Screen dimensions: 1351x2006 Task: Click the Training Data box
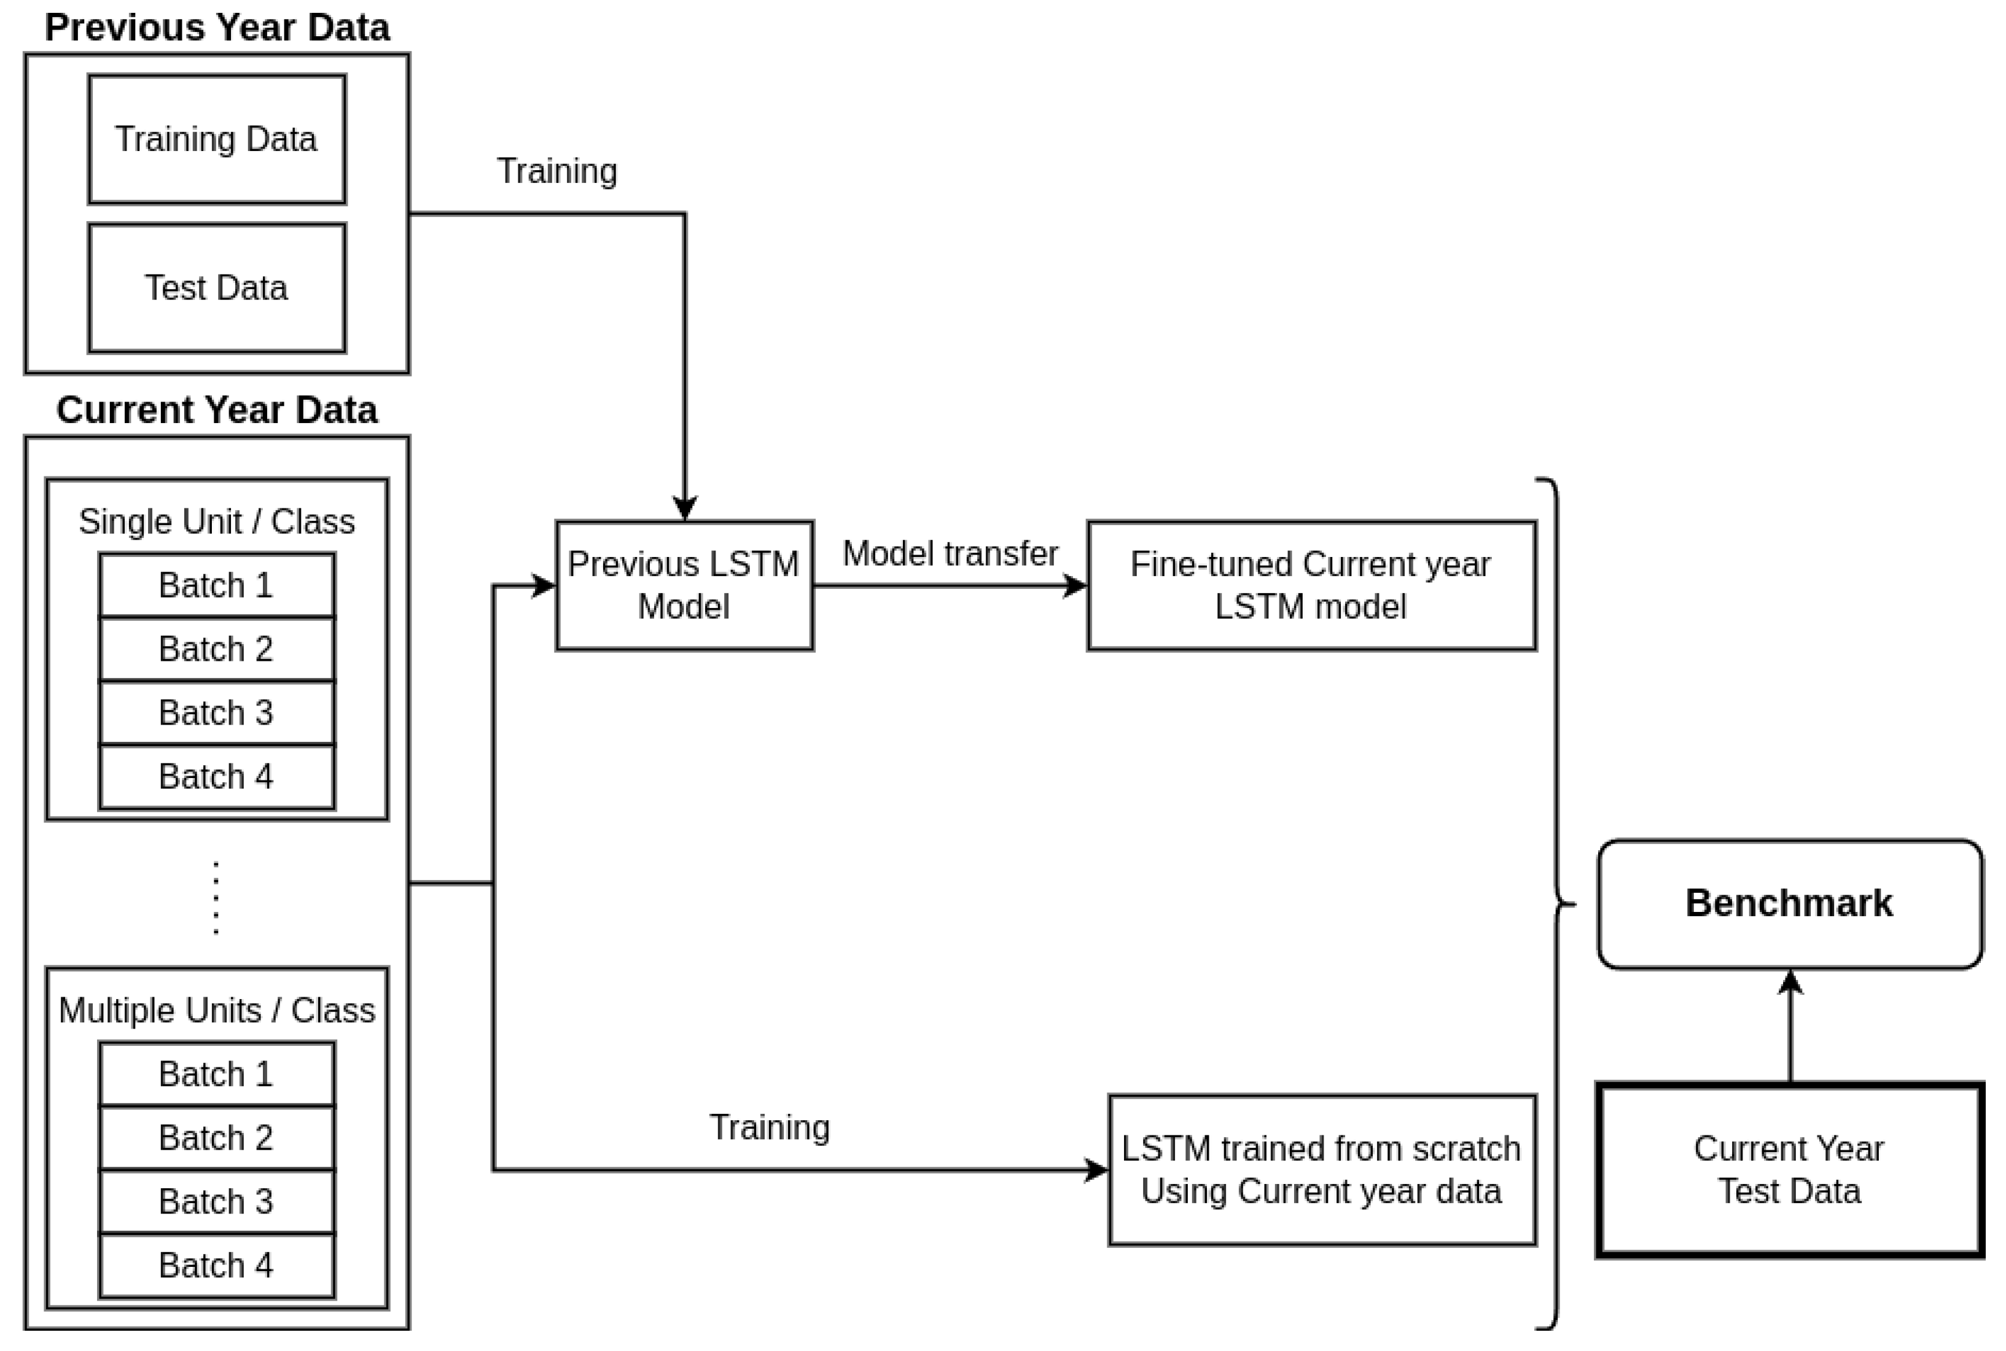coord(216,139)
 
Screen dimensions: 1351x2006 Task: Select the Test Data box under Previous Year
coord(216,288)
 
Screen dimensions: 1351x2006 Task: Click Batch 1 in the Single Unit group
coord(216,586)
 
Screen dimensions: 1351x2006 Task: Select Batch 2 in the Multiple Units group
coord(216,1138)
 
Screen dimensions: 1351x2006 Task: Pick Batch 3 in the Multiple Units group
coord(216,1202)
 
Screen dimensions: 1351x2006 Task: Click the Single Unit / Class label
coord(216,522)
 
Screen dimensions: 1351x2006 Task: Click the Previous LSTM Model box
coord(684,586)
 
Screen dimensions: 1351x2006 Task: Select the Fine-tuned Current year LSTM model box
coord(1311,586)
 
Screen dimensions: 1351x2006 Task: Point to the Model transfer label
coord(950,554)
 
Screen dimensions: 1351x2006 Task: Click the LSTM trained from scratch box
coord(1321,1170)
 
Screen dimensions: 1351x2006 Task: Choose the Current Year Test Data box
coord(1790,1170)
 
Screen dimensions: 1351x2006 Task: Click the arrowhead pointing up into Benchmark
coord(1790,982)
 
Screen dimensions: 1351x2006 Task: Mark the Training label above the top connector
coord(556,171)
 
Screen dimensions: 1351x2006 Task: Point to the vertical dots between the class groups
coord(216,897)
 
